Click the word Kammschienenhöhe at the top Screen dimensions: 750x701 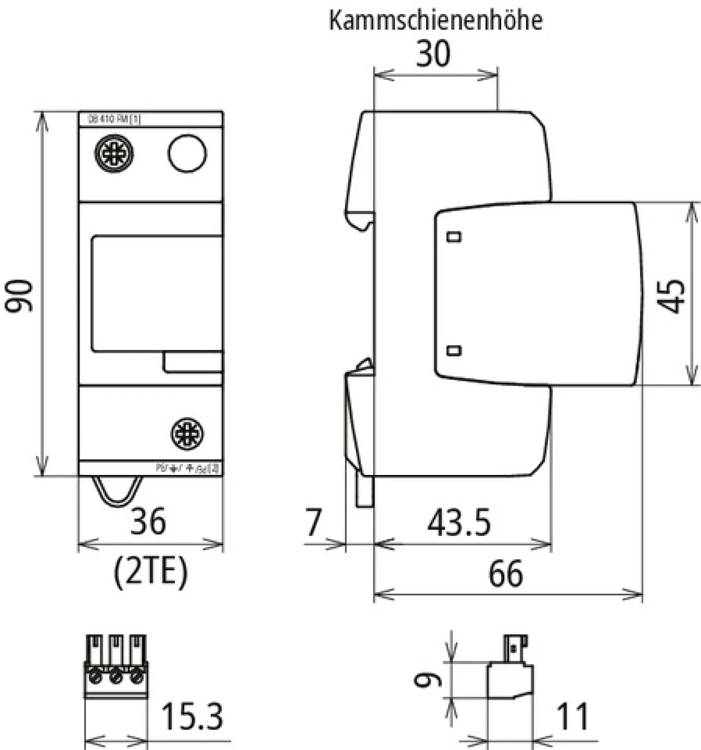436,20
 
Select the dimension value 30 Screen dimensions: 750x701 433,54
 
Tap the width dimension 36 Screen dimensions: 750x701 148,521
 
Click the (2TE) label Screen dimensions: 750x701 150,573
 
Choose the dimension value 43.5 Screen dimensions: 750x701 459,523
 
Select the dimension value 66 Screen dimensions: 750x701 506,574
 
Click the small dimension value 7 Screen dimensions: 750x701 314,523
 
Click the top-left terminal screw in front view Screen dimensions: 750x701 114,154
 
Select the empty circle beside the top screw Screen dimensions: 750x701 187,154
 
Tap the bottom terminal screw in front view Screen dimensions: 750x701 187,434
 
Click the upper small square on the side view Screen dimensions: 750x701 454,237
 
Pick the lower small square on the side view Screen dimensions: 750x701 454,351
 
